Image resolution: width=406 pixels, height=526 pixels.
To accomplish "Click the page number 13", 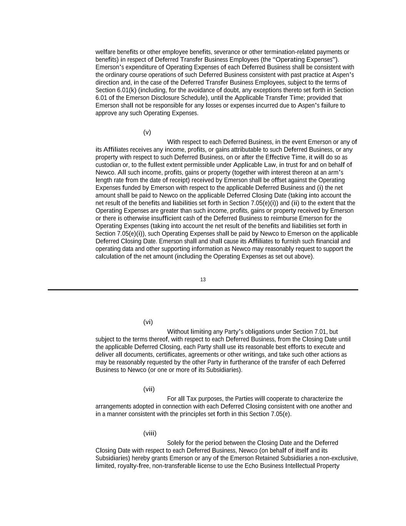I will (203, 280).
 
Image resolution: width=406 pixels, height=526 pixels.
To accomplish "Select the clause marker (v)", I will (147, 133).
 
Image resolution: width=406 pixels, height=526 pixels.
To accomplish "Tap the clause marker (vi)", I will (148, 322).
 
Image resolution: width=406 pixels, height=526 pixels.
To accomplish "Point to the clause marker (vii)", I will (149, 389).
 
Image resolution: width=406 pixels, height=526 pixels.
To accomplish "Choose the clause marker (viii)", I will (150, 434).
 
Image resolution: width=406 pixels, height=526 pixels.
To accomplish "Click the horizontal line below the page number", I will (203, 289).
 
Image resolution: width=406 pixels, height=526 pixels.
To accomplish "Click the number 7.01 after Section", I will (321, 332).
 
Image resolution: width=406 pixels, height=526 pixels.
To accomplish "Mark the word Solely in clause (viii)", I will (175, 443).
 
